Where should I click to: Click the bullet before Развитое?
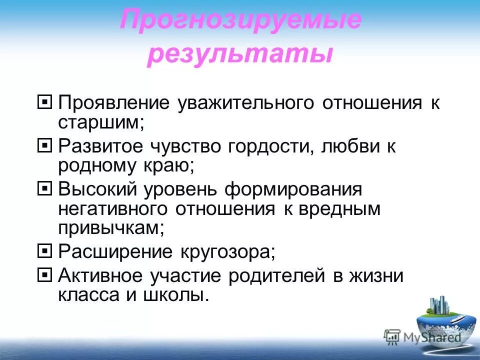point(44,146)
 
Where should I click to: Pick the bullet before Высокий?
point(44,189)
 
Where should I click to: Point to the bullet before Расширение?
point(44,250)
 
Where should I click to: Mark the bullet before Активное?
point(44,274)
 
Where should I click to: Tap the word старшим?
point(100,122)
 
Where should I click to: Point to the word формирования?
point(293,190)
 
